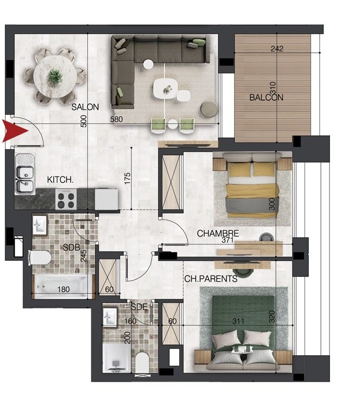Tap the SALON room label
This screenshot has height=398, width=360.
pos(85,107)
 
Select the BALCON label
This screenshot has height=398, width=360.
pos(266,98)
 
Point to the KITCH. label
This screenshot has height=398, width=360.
pos(60,180)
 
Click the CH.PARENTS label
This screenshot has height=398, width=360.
pos(211,279)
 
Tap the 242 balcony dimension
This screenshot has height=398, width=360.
pos(277,49)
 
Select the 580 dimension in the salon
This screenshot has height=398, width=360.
pos(116,119)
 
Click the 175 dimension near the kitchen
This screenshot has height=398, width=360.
pos(127,178)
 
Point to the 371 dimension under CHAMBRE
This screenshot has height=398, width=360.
pos(227,240)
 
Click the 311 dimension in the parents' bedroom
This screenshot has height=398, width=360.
pos(239,321)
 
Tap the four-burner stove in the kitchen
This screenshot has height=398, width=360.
pos(66,199)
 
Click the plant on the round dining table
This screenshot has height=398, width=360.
pos(55,77)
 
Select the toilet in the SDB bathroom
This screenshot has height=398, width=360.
pos(40,258)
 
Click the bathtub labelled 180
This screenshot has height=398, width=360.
pos(63,287)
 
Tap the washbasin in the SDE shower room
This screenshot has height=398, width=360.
pos(110,317)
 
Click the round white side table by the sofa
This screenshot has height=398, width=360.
pos(148,64)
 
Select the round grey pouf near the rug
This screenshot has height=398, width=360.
pos(209,109)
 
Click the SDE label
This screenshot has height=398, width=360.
pos(139,307)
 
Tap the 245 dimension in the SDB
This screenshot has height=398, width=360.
pos(83,256)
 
